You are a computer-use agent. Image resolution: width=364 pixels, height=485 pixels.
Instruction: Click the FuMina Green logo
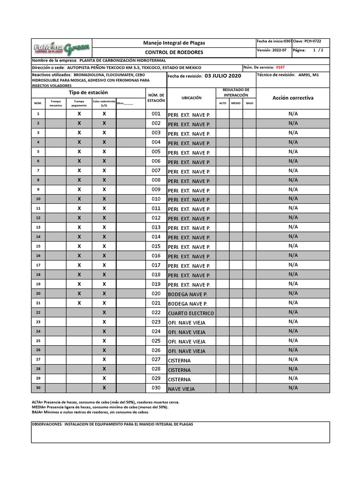pos(62,48)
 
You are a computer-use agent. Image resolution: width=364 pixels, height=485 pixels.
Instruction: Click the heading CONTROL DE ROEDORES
pos(174,52)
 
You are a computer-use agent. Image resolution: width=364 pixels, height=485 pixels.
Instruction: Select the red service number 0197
pos(280,68)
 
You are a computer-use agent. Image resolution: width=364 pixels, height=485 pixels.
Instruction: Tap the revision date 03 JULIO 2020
pos(223,76)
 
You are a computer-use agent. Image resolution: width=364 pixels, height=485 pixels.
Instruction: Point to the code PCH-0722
pos(313,42)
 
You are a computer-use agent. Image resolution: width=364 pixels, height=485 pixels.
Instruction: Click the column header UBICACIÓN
pos(191,98)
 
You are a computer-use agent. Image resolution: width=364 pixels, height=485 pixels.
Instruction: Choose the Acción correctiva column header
pos(292,98)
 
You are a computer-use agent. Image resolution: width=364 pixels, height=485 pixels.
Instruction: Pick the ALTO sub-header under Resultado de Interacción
pos(222,103)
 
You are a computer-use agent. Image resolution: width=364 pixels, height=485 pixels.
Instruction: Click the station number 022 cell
pos(156,313)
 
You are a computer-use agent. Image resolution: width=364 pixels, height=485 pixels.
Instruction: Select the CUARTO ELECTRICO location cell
pos(191,313)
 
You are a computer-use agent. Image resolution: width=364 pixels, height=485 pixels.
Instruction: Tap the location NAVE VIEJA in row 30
pos(181,389)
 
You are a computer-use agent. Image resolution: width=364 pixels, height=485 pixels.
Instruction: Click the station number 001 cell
pos(156,114)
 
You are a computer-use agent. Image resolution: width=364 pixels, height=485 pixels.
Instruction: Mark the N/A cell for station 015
pos(292,246)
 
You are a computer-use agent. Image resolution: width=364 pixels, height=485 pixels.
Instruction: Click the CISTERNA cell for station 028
pos(179,370)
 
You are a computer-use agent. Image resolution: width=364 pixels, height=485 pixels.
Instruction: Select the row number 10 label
pos(38,199)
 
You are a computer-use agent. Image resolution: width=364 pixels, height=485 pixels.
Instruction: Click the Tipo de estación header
pos(88,92)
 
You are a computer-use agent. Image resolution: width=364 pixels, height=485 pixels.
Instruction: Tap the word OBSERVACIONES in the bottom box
pos(47,424)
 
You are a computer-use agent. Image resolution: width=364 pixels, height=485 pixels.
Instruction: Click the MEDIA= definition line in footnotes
pos(100,407)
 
